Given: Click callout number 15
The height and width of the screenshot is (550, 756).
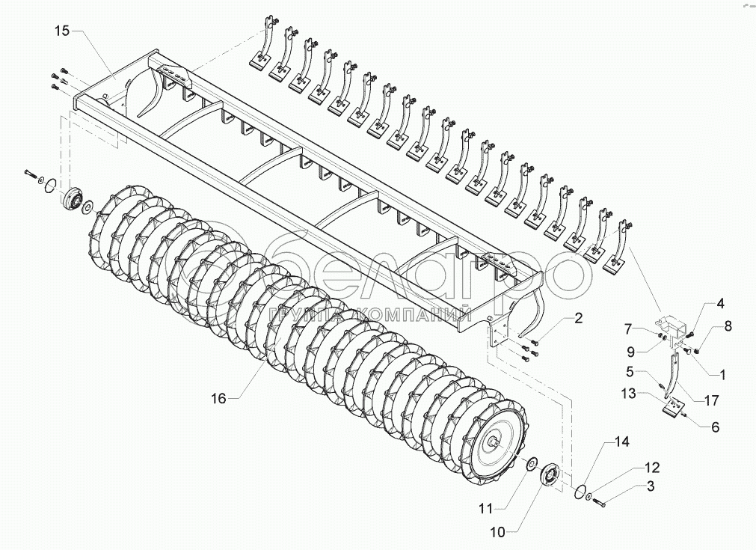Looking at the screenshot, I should pyautogui.click(x=61, y=31).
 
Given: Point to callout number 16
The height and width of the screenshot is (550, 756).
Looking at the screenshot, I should pyautogui.click(x=218, y=398).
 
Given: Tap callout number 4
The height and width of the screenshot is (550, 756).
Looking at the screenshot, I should pyautogui.click(x=720, y=304).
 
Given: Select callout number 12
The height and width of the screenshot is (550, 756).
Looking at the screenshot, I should pyautogui.click(x=652, y=468).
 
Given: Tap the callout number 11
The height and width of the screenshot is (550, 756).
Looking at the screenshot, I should pyautogui.click(x=485, y=508).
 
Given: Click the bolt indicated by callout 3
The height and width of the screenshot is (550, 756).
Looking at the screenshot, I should pyautogui.click(x=601, y=501).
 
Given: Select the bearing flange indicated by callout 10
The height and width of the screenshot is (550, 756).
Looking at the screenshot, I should pyautogui.click(x=551, y=477).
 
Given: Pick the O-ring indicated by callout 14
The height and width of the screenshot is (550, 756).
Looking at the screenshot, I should pyautogui.click(x=577, y=492).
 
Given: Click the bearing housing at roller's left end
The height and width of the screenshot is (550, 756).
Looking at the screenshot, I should pyautogui.click(x=72, y=198).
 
